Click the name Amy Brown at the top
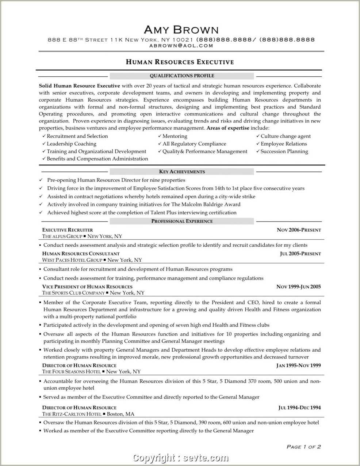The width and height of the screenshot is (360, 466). coord(181,30)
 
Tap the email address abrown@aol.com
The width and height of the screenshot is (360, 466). coord(181,46)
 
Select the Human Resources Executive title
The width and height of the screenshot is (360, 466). coord(180,62)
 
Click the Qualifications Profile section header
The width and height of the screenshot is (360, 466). coord(182,76)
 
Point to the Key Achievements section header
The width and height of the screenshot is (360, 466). coord(182,171)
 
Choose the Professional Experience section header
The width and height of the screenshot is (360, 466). coord(182,221)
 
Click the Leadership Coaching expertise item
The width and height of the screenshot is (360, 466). coord(71,144)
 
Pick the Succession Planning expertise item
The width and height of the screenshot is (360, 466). coord(284,151)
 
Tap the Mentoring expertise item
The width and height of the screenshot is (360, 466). coord(175,136)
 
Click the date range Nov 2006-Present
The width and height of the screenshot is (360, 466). coord(299,230)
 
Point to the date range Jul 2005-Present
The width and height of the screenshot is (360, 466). coord(300,254)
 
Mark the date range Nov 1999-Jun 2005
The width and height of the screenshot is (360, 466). coord(298,287)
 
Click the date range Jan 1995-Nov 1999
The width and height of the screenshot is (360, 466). coord(298,365)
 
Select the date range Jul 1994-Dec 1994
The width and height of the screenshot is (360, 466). coord(299,408)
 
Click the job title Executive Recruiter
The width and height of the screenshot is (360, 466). coord(68,230)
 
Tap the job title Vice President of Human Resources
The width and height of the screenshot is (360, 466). coord(87,287)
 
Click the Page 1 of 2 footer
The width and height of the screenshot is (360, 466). coord(303,447)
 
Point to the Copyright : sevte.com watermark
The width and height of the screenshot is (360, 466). coord(181,458)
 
